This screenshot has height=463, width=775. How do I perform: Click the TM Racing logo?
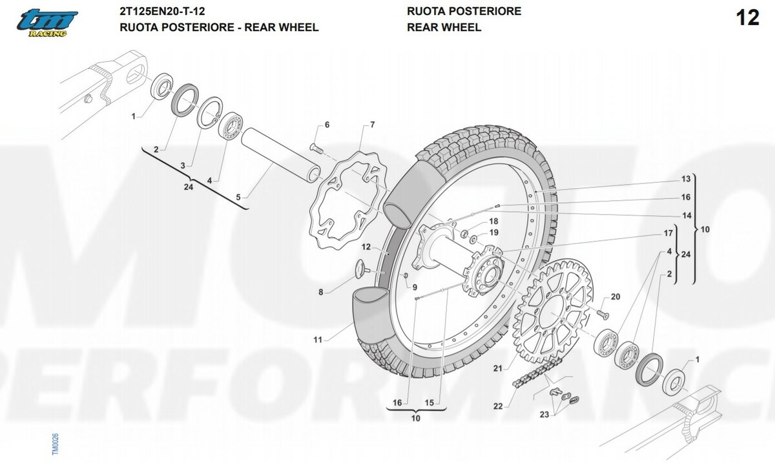[47, 23]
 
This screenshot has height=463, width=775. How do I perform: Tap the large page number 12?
[747, 17]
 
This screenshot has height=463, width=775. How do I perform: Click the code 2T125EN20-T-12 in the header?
[162, 11]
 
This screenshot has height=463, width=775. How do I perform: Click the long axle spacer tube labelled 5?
[281, 156]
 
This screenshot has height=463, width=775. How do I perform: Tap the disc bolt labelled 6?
[316, 149]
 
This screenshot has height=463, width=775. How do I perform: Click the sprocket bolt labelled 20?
[603, 314]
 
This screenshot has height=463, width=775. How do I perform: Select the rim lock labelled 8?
[362, 269]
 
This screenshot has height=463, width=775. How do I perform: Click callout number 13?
[686, 179]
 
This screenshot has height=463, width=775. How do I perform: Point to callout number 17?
[668, 233]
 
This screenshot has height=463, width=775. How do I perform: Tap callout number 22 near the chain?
[497, 406]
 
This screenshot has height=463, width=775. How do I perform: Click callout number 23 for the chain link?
[544, 415]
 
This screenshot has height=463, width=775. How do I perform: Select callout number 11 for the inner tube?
[318, 340]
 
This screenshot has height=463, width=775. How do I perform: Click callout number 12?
[366, 247]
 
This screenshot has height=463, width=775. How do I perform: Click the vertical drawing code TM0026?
[55, 444]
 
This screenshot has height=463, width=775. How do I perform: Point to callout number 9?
[415, 287]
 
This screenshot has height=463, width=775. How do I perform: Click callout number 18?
[493, 221]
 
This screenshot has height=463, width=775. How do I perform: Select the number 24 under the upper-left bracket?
[188, 187]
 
